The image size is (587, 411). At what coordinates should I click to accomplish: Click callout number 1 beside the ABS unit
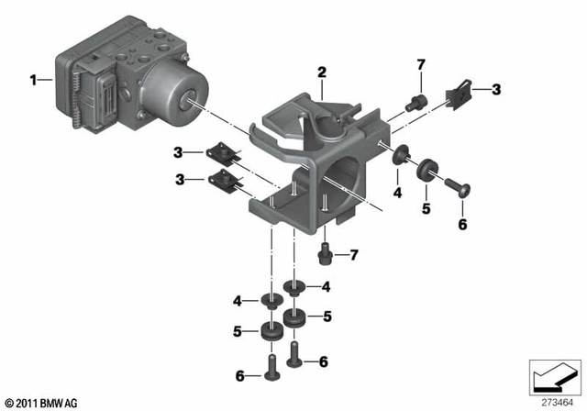[34, 80]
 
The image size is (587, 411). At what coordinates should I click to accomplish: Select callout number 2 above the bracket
[322, 72]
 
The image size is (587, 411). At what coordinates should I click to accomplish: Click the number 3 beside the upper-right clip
[496, 89]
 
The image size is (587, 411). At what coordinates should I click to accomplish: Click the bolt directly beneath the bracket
[325, 251]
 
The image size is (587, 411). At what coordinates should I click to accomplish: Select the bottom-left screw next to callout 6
[271, 370]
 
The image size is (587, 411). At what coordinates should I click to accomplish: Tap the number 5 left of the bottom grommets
[237, 331]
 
